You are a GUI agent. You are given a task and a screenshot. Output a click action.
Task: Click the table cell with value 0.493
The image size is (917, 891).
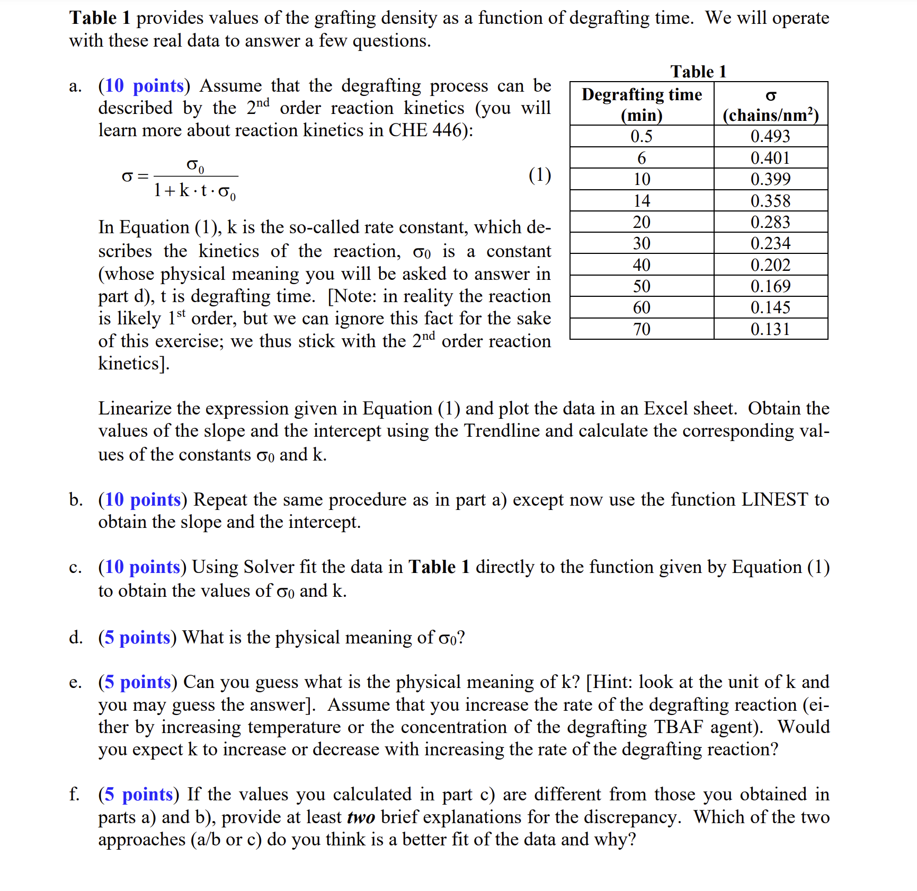tap(770, 136)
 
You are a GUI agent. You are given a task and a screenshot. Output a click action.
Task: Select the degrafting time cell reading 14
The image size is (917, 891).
tap(641, 201)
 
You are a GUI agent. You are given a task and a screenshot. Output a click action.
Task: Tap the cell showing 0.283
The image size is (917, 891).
tap(770, 222)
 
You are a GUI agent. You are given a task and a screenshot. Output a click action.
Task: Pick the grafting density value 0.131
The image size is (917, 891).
tap(770, 329)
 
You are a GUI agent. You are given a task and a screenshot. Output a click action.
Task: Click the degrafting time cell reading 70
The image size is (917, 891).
tap(641, 329)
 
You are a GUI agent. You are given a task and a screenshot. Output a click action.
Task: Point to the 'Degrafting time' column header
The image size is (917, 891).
tap(642, 94)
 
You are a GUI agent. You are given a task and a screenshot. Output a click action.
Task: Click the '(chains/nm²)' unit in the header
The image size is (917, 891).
tap(770, 115)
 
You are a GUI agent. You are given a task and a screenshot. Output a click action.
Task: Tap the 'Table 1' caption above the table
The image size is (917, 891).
tap(698, 72)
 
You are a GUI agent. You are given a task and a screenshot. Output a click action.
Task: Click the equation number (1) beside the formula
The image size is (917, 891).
tap(539, 174)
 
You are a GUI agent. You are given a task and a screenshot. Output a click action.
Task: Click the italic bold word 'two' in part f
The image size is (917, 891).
tap(361, 817)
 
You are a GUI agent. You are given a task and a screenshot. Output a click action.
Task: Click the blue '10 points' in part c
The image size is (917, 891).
tap(143, 567)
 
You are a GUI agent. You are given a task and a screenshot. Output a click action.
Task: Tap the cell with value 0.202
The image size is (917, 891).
tap(770, 265)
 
